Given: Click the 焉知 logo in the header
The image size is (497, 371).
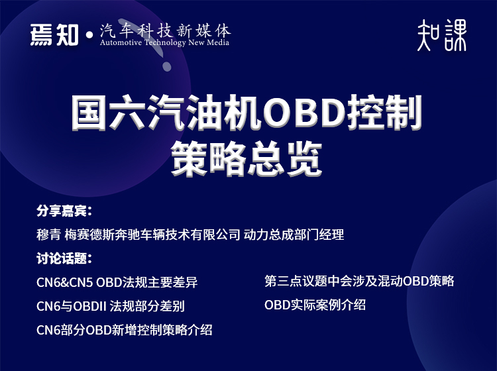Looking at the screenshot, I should click(x=55, y=34).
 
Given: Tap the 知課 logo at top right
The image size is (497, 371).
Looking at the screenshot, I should click(x=442, y=34).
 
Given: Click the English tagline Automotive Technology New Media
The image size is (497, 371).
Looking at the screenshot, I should click(x=164, y=43).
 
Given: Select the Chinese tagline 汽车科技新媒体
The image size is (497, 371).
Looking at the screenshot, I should click(x=165, y=30).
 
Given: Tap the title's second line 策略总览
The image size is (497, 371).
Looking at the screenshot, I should click(x=246, y=157).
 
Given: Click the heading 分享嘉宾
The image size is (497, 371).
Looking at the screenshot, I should click(x=63, y=212).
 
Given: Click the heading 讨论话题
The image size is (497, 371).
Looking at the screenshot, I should click(x=63, y=258).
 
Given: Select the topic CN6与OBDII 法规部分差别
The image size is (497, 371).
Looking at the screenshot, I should click(x=111, y=306).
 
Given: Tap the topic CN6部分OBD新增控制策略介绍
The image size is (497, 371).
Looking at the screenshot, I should click(x=125, y=329).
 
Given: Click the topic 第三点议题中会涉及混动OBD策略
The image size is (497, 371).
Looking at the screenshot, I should click(x=359, y=281).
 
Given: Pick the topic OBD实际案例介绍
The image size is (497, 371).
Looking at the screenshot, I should click(x=315, y=305).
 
